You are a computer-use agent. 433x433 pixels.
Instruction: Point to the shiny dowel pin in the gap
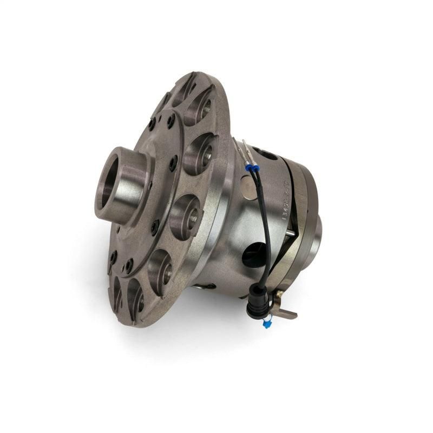pos(290,233)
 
